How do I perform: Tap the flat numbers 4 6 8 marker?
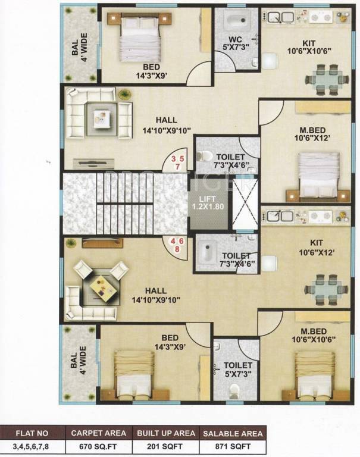[177, 245]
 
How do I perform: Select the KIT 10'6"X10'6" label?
[308, 46]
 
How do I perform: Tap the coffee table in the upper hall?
[100, 115]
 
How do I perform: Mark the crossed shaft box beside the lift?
[244, 203]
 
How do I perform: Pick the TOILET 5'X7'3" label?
[238, 369]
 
